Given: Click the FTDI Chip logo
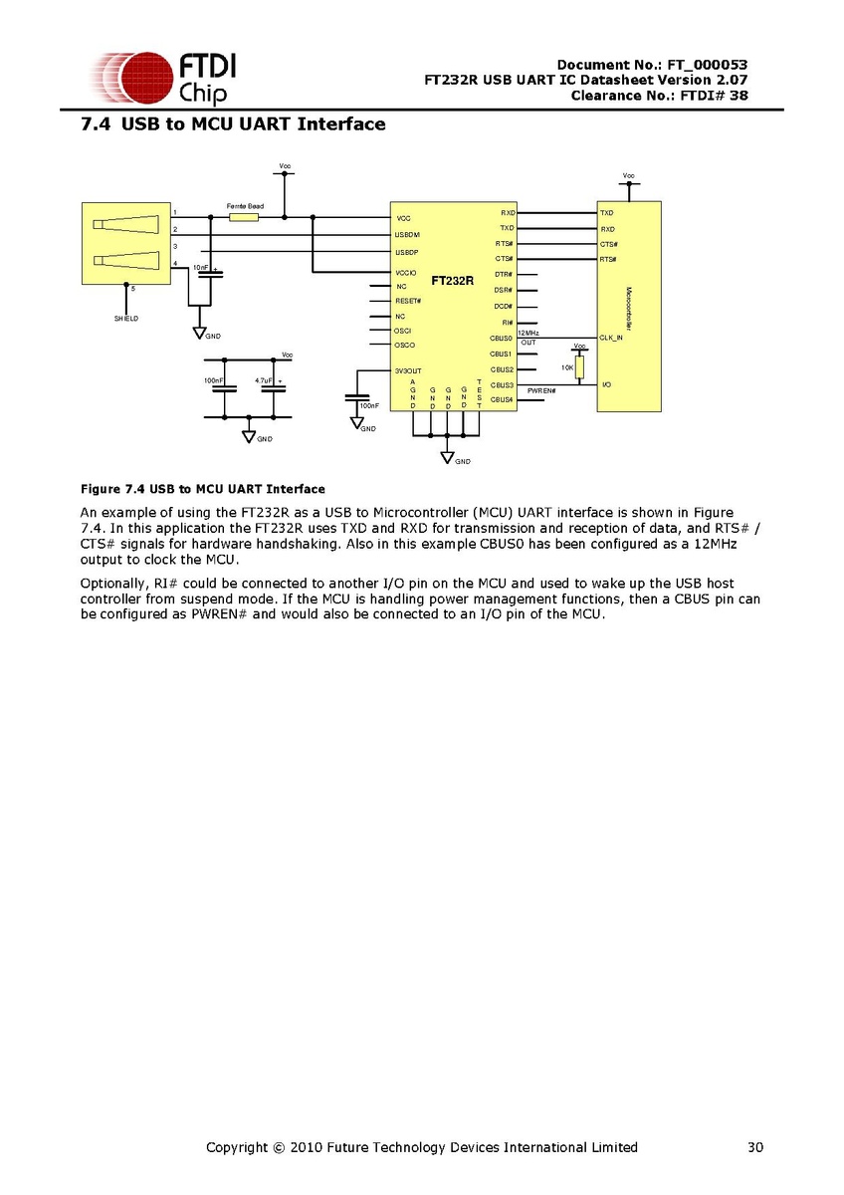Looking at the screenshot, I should [163, 80].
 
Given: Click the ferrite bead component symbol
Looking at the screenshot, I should [244, 216].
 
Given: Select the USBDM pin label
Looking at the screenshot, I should [407, 235].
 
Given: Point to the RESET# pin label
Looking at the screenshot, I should [408, 301].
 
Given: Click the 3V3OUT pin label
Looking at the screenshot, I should [408, 370].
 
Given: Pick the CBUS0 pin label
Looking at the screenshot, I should [501, 339].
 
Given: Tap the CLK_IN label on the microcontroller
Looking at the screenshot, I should [611, 338].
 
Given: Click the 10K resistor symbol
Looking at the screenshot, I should [579, 366].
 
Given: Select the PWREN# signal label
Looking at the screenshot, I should [541, 391].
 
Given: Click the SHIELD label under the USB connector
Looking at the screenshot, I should [125, 319].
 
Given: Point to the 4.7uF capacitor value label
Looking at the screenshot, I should [264, 380].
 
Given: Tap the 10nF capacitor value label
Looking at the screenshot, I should [201, 268].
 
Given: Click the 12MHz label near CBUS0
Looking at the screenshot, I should [528, 332].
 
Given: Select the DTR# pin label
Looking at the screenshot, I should [503, 275].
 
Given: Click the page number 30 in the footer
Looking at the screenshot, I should [755, 1147].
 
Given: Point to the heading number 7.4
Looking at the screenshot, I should [96, 124].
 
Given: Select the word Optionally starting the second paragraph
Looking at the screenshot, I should [112, 583].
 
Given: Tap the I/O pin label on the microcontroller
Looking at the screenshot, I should [606, 384].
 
